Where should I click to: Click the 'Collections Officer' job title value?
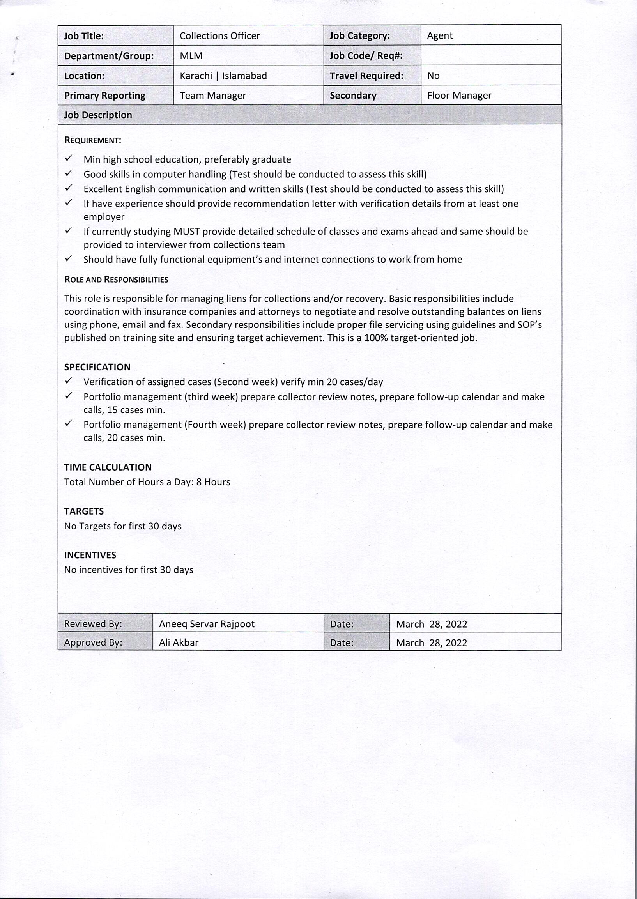click(x=219, y=36)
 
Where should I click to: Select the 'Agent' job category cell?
click(x=440, y=36)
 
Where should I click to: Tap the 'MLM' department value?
click(x=191, y=56)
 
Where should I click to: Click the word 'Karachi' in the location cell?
click(x=196, y=76)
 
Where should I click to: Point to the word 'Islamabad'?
click(x=244, y=76)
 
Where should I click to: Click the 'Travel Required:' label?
click(x=366, y=76)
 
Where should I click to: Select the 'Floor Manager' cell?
click(x=459, y=95)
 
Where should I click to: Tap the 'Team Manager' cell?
click(x=212, y=95)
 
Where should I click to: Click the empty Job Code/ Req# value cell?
click(x=491, y=55)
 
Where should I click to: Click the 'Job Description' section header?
click(x=98, y=115)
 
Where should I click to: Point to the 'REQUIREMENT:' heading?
click(x=92, y=140)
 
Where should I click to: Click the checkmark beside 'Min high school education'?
click(x=69, y=158)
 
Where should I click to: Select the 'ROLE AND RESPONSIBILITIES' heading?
click(x=116, y=280)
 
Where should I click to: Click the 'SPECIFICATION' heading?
click(x=97, y=367)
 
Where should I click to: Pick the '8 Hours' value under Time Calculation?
click(x=213, y=482)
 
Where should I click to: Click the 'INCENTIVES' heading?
click(x=90, y=555)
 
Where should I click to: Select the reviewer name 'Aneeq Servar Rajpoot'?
click(x=207, y=624)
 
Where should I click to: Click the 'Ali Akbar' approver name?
click(x=179, y=642)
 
